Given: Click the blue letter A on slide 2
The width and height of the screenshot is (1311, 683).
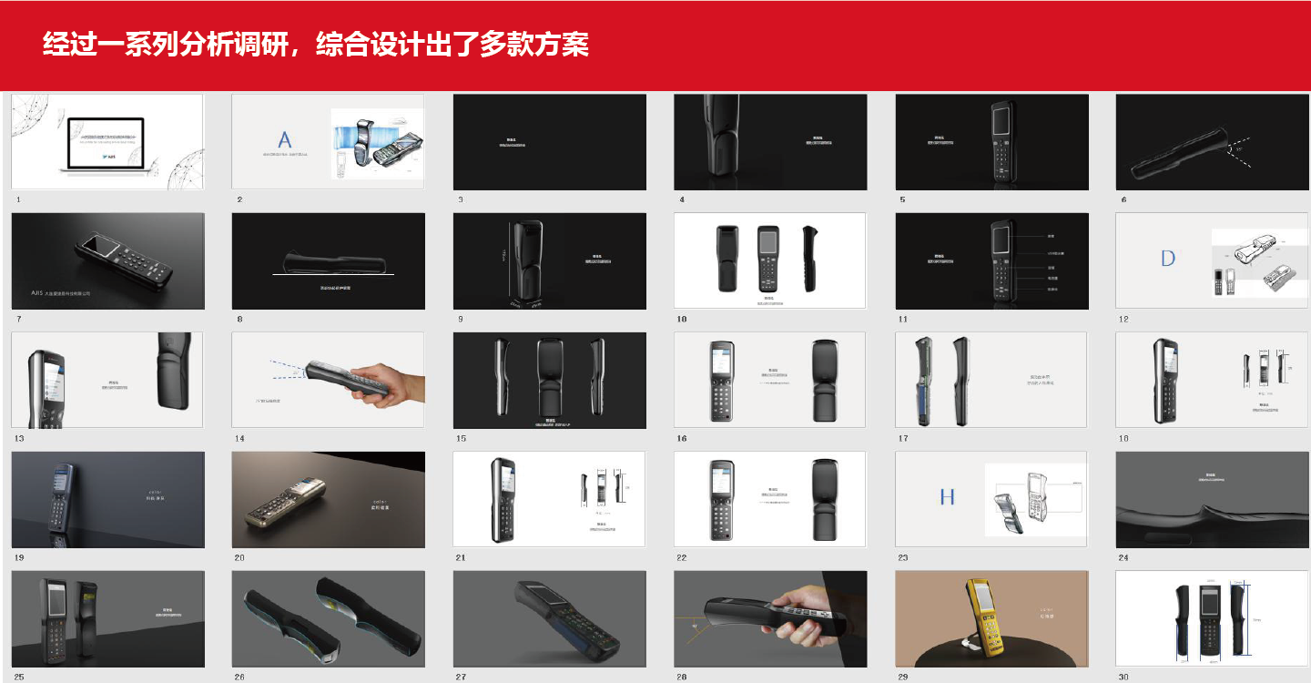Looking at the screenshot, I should [x=285, y=140].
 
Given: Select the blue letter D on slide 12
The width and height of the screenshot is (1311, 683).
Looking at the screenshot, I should [x=1168, y=259].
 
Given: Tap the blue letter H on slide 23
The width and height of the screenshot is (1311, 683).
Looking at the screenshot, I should [x=948, y=497].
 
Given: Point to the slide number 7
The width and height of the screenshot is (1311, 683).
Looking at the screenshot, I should [x=18, y=320].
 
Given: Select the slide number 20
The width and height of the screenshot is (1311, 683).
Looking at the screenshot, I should [x=240, y=557].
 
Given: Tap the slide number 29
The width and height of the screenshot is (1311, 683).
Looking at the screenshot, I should [x=903, y=677].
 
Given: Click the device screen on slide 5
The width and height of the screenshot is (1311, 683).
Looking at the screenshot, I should [x=1002, y=122].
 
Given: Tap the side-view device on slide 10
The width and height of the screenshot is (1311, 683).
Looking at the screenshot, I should [x=808, y=259].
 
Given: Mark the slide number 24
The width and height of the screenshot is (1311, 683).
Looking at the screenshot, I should [x=1124, y=557].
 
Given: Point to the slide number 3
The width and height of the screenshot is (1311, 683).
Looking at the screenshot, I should [x=461, y=199].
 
